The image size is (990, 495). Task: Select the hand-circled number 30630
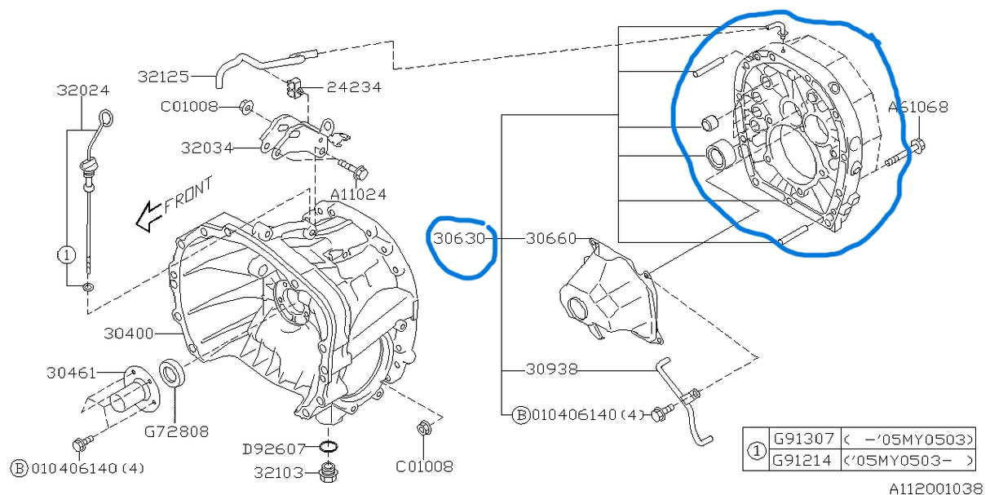tap(459, 239)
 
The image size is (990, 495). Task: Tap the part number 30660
tap(550, 239)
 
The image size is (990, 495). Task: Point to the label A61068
tap(917, 107)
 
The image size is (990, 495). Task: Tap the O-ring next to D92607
tap(328, 447)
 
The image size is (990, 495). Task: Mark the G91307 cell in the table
tap(801, 439)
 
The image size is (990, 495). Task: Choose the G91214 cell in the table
tap(801, 460)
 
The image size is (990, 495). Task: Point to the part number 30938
tap(550, 369)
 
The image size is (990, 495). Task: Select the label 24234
tap(354, 87)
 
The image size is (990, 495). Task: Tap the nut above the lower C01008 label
tap(423, 427)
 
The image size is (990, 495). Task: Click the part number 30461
tap(72, 373)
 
